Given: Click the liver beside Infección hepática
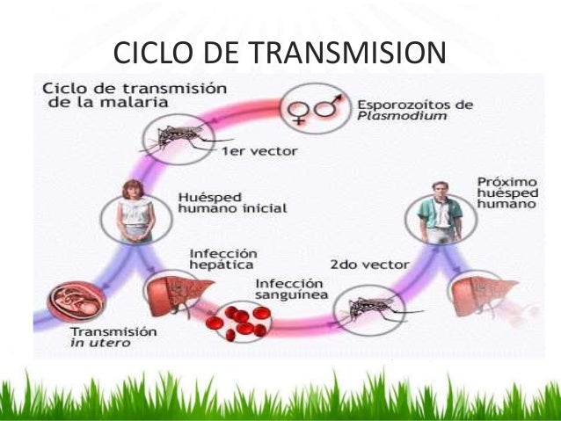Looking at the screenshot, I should pos(172,294).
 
